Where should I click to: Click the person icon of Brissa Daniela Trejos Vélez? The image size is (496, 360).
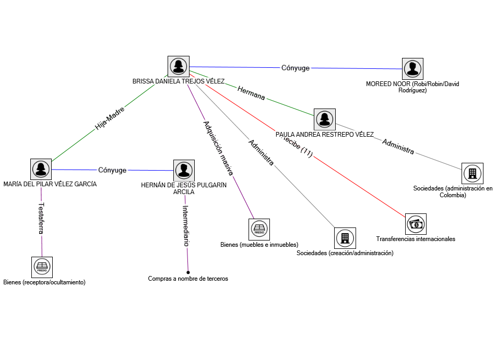click(x=179, y=66)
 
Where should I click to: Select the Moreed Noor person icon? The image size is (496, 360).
click(x=412, y=68)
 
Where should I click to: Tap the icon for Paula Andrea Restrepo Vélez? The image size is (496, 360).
click(x=324, y=119)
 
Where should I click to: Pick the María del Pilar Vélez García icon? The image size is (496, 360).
click(x=41, y=169)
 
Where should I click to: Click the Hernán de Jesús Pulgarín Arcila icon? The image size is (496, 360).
click(x=184, y=170)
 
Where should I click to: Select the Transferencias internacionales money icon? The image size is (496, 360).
click(x=416, y=224)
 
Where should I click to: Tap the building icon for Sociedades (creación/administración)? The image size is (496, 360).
click(x=345, y=238)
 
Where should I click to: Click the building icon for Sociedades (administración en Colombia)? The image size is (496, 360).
click(x=473, y=173)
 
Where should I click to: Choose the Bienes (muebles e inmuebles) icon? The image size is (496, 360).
click(x=259, y=229)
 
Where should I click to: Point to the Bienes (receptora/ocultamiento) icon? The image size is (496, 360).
click(x=42, y=267)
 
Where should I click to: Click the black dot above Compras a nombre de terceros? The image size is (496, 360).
click(x=188, y=272)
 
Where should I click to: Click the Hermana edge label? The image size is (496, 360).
click(x=251, y=93)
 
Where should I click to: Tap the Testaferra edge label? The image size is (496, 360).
click(x=41, y=218)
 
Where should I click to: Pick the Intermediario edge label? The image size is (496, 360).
click(x=185, y=225)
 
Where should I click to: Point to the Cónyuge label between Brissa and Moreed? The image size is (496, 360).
click(x=296, y=68)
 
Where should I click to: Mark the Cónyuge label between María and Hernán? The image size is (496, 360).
click(x=112, y=170)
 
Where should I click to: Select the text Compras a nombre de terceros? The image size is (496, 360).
click(x=188, y=279)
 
